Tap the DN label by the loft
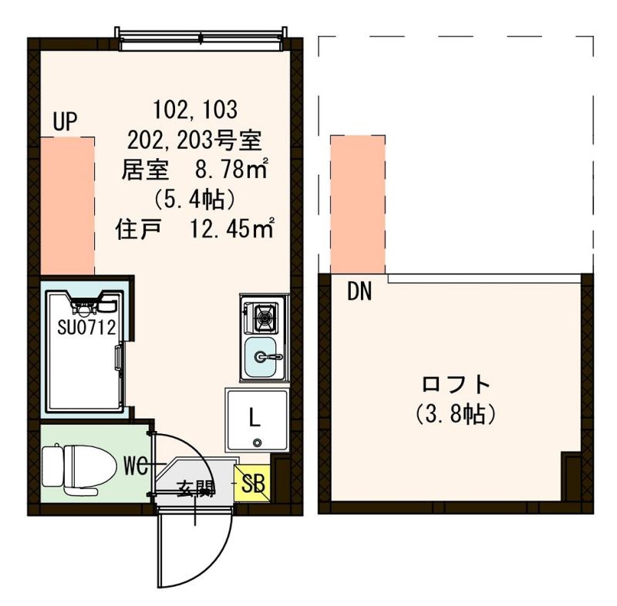pyautogui.click(x=359, y=291)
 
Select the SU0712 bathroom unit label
pyautogui.click(x=86, y=327)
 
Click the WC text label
pyautogui.click(x=137, y=466)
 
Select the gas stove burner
pyautogui.click(x=264, y=315)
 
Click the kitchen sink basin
pyautogui.click(x=264, y=356)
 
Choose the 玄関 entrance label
pyautogui.click(x=195, y=488)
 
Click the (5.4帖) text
pyautogui.click(x=194, y=199)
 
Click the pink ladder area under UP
pyautogui.click(x=67, y=205)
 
